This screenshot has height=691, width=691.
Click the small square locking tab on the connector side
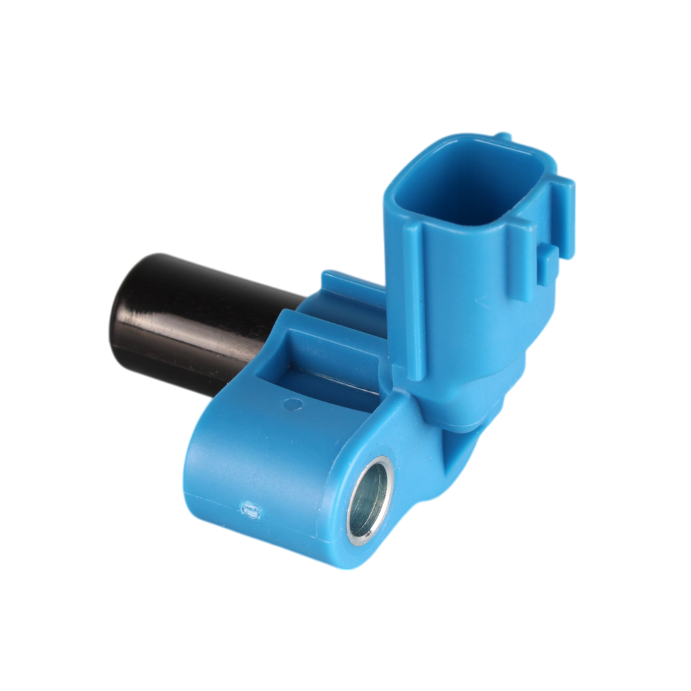pyautogui.click(x=548, y=260)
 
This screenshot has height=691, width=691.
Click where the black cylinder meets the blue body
pyautogui.click(x=283, y=317)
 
